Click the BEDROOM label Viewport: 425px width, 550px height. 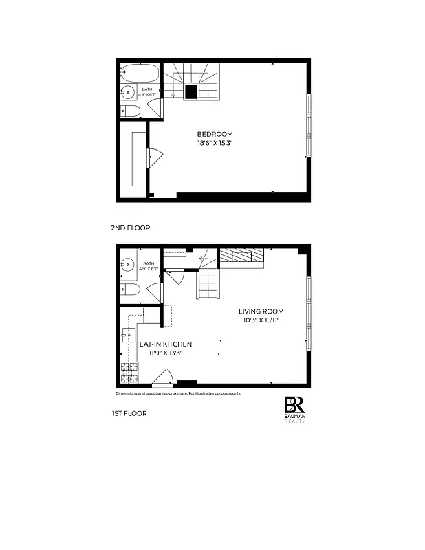[x=215, y=134]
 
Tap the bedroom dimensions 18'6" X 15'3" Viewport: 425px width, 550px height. [x=215, y=144]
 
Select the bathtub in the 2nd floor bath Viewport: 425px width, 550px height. [x=140, y=72]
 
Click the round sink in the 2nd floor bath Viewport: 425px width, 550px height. [x=129, y=92]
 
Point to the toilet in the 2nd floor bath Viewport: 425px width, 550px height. [x=131, y=111]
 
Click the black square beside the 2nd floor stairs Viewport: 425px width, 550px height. [x=191, y=91]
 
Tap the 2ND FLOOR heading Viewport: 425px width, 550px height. [x=130, y=228]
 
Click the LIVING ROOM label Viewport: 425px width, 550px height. [x=261, y=311]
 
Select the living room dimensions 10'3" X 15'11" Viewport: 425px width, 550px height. [x=261, y=320]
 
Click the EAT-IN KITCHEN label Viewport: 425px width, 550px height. [x=165, y=344]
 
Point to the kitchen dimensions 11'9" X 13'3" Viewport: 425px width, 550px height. [x=165, y=353]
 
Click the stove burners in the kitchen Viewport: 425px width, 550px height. [x=129, y=373]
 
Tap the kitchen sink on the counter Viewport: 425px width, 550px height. [x=128, y=335]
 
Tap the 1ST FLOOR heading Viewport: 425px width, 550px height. [x=129, y=413]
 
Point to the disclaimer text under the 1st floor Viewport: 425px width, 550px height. [x=177, y=393]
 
